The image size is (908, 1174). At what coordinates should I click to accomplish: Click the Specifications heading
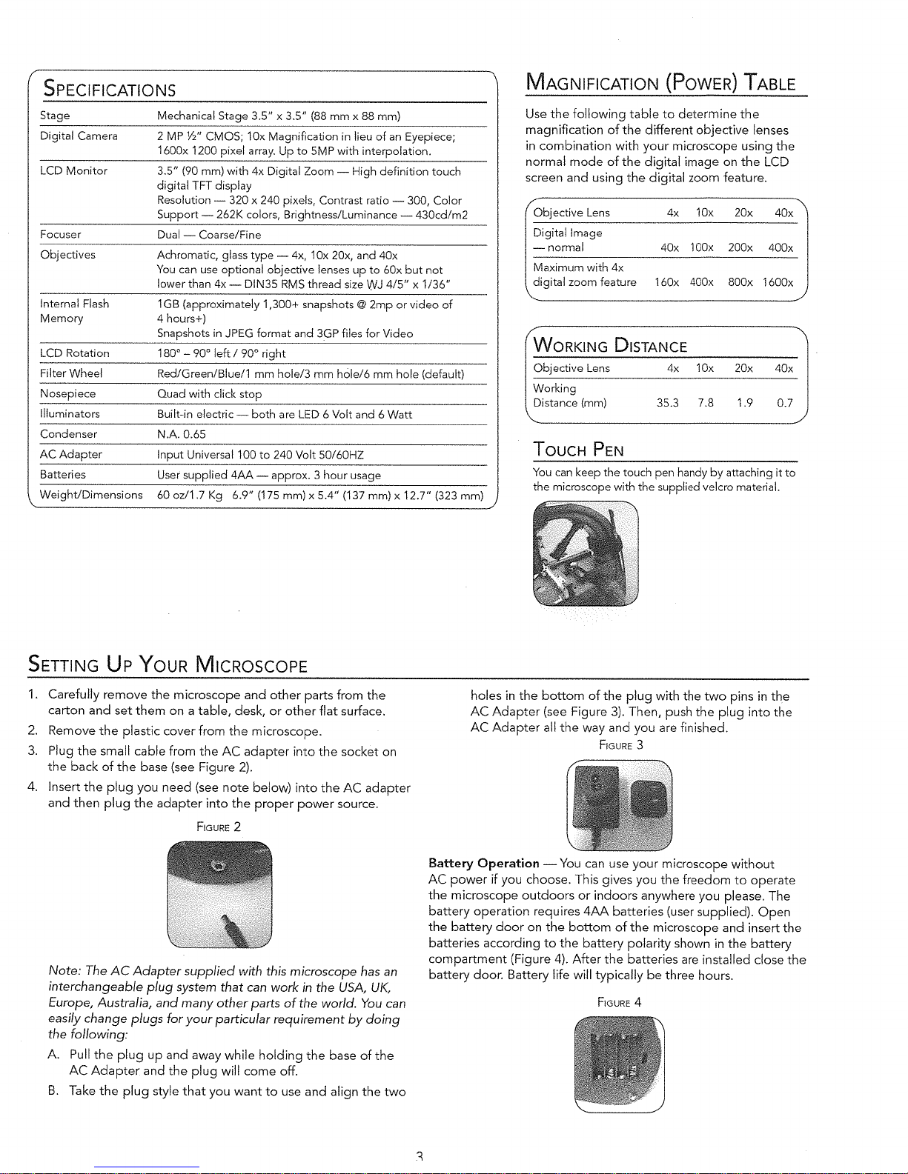[110, 90]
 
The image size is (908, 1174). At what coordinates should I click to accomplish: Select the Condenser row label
[68, 434]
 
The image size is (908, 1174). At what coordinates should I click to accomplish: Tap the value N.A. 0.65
[182, 434]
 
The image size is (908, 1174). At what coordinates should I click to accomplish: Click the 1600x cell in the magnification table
[778, 282]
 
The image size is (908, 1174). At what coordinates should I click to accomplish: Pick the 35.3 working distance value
[667, 403]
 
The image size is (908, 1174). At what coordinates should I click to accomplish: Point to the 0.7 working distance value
[784, 403]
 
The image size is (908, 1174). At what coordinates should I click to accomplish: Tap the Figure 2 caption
[219, 827]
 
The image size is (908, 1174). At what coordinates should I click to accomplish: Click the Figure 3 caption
[620, 745]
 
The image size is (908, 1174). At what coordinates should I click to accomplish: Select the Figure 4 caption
[619, 1003]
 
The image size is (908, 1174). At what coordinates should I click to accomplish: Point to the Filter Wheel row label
[71, 373]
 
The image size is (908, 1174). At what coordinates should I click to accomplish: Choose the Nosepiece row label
[67, 393]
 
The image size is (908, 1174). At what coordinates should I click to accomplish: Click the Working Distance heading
[610, 347]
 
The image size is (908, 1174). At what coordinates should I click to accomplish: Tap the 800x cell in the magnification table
[740, 282]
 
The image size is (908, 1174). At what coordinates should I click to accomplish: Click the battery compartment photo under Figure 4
[619, 1064]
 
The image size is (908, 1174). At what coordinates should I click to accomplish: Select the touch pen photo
[585, 553]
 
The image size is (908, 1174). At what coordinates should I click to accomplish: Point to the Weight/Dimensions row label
[91, 495]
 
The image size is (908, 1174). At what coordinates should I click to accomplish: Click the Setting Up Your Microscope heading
[168, 664]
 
